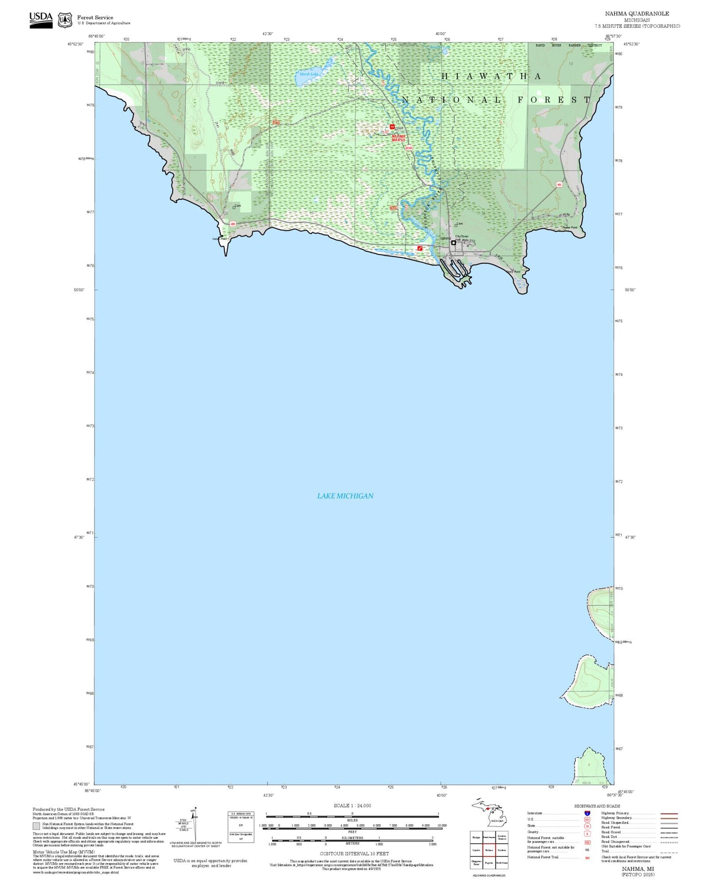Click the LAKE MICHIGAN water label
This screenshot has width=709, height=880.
(x=345, y=496)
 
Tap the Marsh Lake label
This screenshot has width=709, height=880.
(x=308, y=74)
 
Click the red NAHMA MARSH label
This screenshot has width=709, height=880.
(x=398, y=138)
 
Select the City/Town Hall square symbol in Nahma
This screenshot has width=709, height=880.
(x=453, y=242)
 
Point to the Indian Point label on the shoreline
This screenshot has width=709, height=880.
(x=219, y=239)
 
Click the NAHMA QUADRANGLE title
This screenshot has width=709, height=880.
(x=636, y=13)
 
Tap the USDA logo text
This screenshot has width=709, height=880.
(x=41, y=17)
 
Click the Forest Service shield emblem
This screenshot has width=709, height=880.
(x=65, y=20)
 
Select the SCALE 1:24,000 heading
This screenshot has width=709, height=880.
(x=352, y=805)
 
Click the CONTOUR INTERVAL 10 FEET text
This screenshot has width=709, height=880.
(x=354, y=854)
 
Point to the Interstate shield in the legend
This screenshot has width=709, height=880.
(x=587, y=813)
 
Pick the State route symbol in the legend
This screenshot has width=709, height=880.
(x=587, y=826)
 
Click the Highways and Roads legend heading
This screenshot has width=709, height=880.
(x=597, y=806)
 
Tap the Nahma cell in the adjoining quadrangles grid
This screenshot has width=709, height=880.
(x=489, y=850)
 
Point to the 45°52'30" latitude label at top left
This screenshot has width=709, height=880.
(x=79, y=44)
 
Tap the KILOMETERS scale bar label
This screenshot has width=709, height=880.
(x=352, y=837)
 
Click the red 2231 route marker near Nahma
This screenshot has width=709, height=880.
(x=394, y=208)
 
